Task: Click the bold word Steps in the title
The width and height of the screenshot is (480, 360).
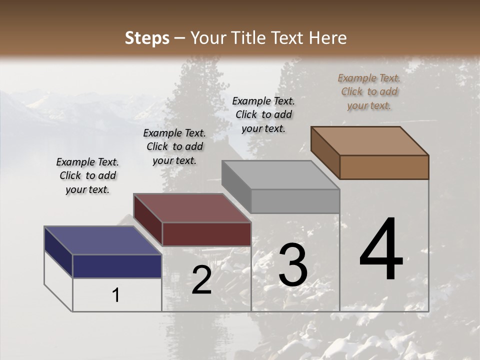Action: coord(147,38)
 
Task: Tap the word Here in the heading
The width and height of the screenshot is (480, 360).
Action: coord(327,38)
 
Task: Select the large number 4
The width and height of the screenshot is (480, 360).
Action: coord(381,250)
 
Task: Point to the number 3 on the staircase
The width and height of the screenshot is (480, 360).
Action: coord(293,265)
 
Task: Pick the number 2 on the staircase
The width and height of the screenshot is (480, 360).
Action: coord(201,280)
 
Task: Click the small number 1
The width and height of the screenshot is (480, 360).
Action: coord(116,295)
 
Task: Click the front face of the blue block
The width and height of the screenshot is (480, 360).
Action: coord(117,266)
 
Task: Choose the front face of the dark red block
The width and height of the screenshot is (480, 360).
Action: coord(206,234)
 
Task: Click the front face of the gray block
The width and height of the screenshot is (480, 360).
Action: coord(295,201)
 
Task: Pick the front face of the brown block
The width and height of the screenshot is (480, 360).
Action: coord(384,167)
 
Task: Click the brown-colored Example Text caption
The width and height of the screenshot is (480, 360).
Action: coord(369,92)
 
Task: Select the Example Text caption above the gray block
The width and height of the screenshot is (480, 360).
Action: coord(263,114)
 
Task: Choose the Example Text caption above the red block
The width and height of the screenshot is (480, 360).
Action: coord(174,146)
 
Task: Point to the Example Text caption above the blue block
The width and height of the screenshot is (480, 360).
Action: coord(87,175)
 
